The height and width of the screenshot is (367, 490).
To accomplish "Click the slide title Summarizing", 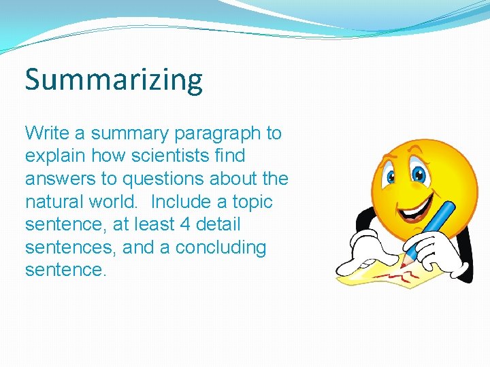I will click(x=114, y=80).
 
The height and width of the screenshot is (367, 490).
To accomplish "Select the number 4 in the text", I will click(x=178, y=224).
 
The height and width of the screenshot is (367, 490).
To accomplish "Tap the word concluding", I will click(x=220, y=247).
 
